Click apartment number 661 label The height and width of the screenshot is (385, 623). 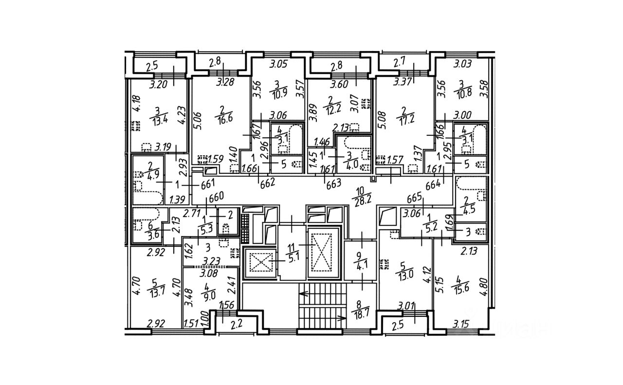point(208,184)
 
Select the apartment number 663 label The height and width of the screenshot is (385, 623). point(334,183)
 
